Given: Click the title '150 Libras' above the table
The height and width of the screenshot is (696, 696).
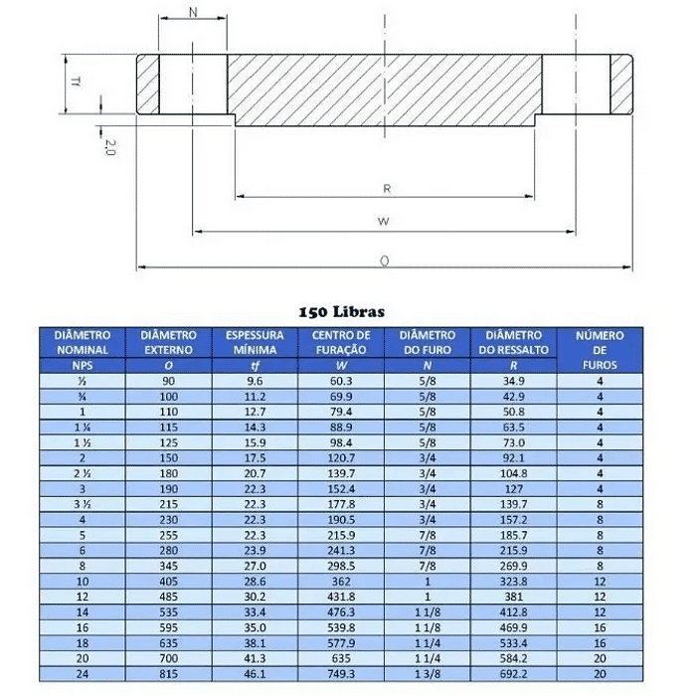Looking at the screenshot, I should coord(341,312).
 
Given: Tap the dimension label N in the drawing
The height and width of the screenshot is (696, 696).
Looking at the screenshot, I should coord(192,13).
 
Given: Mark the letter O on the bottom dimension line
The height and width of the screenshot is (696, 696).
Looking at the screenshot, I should coord(384,260).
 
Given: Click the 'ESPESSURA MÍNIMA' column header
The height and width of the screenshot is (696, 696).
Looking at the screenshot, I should coord(256,343).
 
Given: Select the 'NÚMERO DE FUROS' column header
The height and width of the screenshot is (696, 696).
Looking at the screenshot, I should coord(600,350).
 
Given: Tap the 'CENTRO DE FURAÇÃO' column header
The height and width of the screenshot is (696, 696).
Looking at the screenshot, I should coord(341,343).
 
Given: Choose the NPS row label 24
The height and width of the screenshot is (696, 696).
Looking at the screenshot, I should coord(83,674).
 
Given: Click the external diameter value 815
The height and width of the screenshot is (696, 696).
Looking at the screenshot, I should coord(169,674).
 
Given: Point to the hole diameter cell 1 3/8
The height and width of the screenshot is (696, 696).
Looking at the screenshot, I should coord(428,674).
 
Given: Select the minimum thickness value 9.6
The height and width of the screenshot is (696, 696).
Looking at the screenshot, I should coord(256,381).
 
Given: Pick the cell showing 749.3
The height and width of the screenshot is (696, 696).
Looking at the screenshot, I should coord(341,674).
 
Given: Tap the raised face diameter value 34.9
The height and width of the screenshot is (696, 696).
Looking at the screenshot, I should coord(513,381).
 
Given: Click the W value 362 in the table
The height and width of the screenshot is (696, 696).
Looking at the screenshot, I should coord(341,581).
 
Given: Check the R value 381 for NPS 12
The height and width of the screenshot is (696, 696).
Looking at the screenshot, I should coord(513,597).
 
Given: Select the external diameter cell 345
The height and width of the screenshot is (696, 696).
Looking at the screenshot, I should coord(169,565).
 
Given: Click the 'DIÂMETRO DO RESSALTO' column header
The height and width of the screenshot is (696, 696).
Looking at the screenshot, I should coord(513,343).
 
